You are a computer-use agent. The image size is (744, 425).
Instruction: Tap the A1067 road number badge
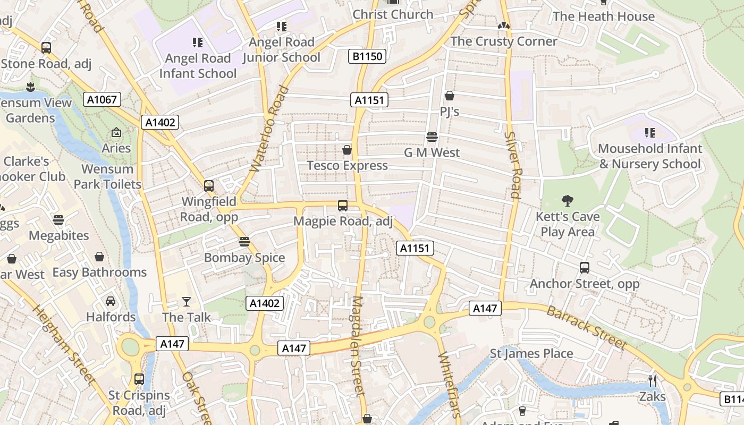[102, 99]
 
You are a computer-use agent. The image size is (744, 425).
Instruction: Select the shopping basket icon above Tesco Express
[347, 150]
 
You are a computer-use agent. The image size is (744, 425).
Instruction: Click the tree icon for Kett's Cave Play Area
[568, 201]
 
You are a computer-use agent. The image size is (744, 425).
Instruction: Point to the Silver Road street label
[514, 165]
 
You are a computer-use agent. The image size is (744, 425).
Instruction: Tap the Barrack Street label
[587, 327]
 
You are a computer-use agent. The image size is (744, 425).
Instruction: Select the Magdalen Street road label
[358, 345]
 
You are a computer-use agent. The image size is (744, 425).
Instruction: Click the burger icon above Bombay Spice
[244, 242]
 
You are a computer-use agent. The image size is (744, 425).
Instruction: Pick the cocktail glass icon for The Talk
[187, 302]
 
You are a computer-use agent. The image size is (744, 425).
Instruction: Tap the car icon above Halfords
[111, 301]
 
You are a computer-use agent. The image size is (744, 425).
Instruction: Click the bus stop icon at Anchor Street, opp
[585, 268]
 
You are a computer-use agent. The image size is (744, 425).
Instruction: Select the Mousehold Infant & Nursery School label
[650, 156]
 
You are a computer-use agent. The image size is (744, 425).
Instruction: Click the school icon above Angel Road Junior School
[282, 26]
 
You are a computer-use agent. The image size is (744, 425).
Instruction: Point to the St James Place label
[531, 354]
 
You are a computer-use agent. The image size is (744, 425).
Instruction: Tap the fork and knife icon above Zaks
[653, 381]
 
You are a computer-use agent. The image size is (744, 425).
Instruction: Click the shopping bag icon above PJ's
[450, 96]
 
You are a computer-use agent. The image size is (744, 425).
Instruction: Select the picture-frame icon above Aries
[116, 132]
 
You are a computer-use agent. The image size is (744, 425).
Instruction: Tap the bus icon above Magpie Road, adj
[343, 206]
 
